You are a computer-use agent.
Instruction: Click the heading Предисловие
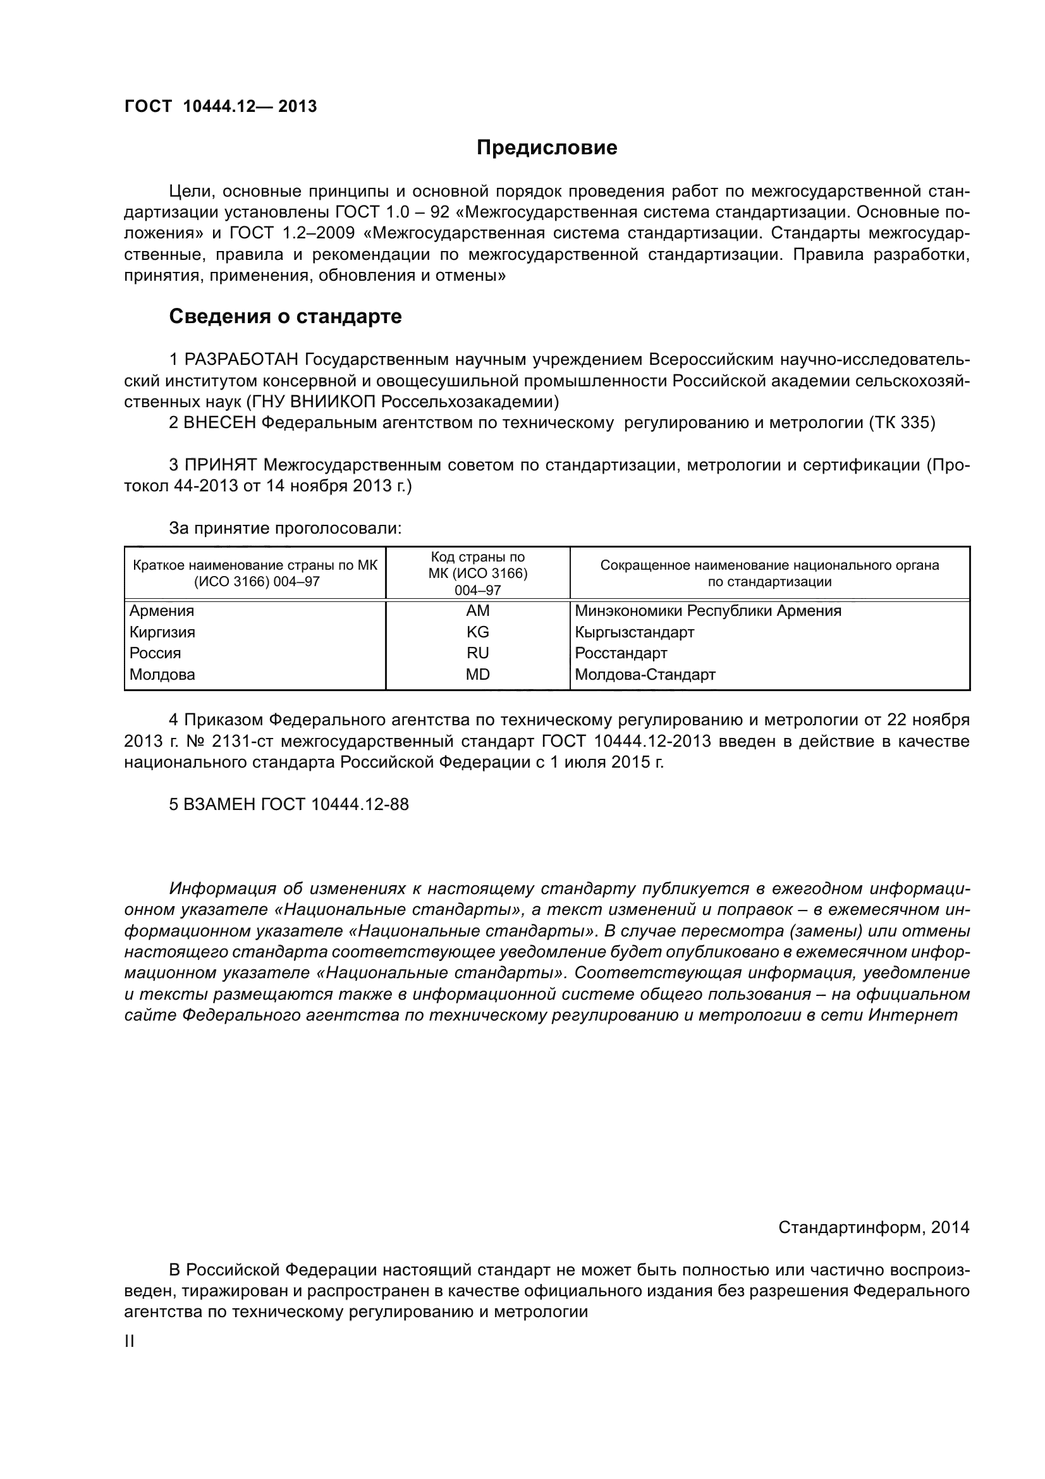point(546,147)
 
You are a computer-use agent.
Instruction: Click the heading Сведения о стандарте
point(284,316)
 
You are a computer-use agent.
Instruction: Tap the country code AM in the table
point(478,610)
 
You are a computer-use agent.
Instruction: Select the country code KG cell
point(478,631)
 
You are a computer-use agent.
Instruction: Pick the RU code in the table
point(478,653)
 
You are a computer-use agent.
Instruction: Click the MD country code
point(478,675)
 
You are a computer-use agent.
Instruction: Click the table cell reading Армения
point(162,610)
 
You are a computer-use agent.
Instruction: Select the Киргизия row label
point(162,631)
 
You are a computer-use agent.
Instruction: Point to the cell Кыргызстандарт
point(634,631)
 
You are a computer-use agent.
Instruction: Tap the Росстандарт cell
point(621,653)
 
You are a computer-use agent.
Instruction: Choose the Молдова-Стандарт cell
point(645,675)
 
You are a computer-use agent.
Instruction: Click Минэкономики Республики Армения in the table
point(707,610)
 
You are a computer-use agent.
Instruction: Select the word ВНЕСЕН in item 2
point(220,422)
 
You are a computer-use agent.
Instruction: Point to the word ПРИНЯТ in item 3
point(221,465)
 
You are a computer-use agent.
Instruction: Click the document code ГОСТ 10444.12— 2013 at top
point(220,106)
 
